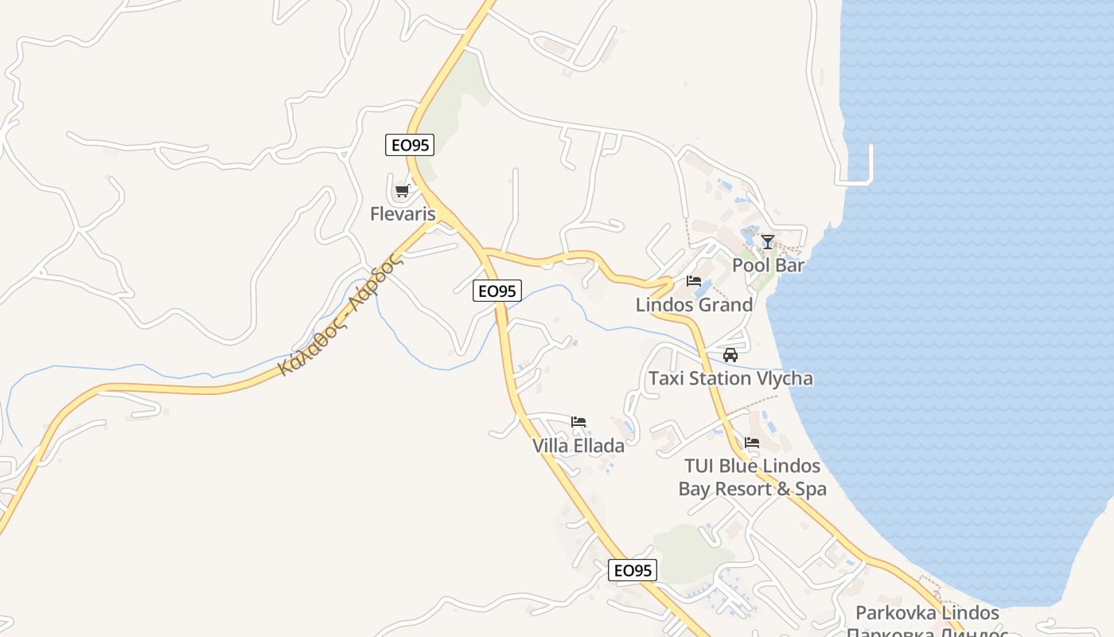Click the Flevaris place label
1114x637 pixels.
pyautogui.click(x=403, y=213)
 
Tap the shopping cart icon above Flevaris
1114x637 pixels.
pyautogui.click(x=402, y=191)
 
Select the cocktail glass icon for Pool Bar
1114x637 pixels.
pyautogui.click(x=767, y=242)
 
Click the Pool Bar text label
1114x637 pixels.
pyautogui.click(x=768, y=265)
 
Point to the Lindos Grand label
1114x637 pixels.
pyautogui.click(x=694, y=304)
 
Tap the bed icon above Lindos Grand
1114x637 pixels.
pyautogui.click(x=693, y=281)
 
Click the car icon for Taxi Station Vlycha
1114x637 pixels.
pyautogui.click(x=730, y=355)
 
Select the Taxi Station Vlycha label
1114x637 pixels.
pyautogui.click(x=730, y=378)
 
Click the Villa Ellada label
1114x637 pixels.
pyautogui.click(x=578, y=445)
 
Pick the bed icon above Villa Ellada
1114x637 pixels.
pyautogui.click(x=578, y=422)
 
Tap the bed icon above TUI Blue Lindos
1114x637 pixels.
pyautogui.click(x=752, y=443)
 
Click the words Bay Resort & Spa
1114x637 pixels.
pyautogui.click(x=752, y=489)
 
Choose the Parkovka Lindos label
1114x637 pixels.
pyautogui.click(x=927, y=612)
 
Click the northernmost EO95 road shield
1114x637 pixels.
pyautogui.click(x=411, y=146)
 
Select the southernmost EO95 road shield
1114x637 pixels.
pyautogui.click(x=633, y=570)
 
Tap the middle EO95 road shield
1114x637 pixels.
pyautogui.click(x=497, y=291)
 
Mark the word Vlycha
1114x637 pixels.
pyautogui.click(x=781, y=378)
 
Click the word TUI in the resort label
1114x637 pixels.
pyautogui.click(x=699, y=466)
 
